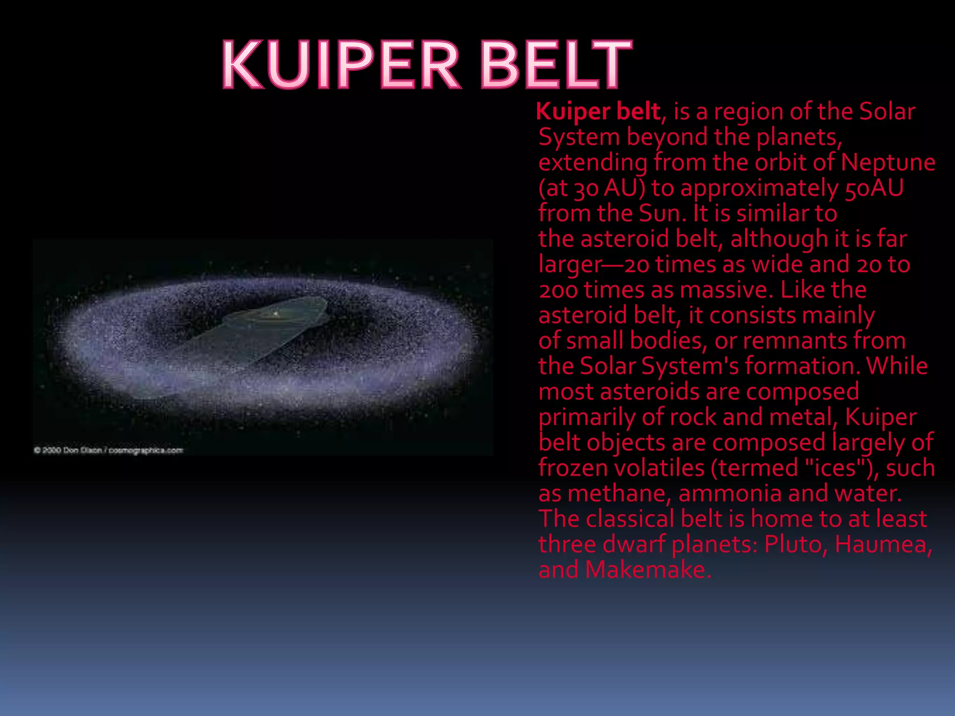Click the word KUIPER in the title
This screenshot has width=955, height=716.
[x=341, y=65]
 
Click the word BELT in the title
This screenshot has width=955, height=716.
[x=555, y=65]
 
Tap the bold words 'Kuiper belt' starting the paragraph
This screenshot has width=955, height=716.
[x=598, y=112]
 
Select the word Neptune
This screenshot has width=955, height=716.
[x=888, y=163]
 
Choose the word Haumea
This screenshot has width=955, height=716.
[x=882, y=544]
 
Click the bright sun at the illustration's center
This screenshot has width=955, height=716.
[x=276, y=314]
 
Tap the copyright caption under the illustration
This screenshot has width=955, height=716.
[x=108, y=450]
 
